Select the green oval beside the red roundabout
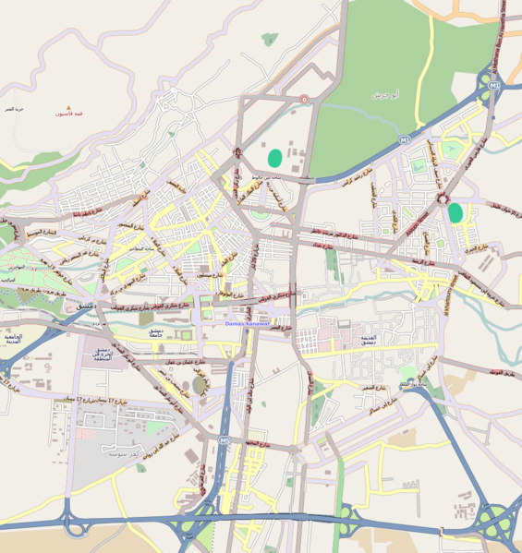click(455, 212)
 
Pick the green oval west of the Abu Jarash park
click(274, 158)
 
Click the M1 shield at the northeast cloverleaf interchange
click(494, 86)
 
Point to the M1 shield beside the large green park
click(404, 139)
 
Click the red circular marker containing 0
click(304, 99)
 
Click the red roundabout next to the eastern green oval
click(443, 198)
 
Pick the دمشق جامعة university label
click(150, 332)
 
